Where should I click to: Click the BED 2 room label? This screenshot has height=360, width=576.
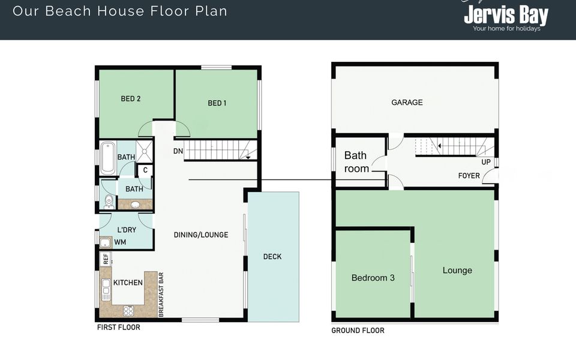pos(131,98)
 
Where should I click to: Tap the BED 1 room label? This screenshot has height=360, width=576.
pos(217,103)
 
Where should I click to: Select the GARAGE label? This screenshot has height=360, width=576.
pos(407,103)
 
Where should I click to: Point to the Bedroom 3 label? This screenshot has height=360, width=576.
pos(373,278)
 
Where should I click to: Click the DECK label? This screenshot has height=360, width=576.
pos(272,257)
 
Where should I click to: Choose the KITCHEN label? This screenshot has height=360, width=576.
pos(128,283)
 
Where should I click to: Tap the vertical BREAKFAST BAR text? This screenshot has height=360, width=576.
pos(161,295)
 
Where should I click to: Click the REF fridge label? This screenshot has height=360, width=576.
pos(106,259)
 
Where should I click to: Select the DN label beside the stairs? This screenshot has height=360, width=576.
pos(178,151)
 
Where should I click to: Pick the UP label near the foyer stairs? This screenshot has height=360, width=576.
pos(486,163)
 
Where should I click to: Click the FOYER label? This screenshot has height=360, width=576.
pos(469,176)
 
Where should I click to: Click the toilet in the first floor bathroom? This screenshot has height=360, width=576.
pos(109,201)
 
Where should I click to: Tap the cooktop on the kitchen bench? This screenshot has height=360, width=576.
pos(128,311)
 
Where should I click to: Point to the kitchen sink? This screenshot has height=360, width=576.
pos(106,290)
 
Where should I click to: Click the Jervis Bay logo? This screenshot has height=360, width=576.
pos(506,16)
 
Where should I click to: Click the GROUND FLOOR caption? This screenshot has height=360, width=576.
pos(358,331)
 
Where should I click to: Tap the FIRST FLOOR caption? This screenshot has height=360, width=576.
pos(118,328)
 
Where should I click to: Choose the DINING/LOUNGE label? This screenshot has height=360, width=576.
pos(201,235)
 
